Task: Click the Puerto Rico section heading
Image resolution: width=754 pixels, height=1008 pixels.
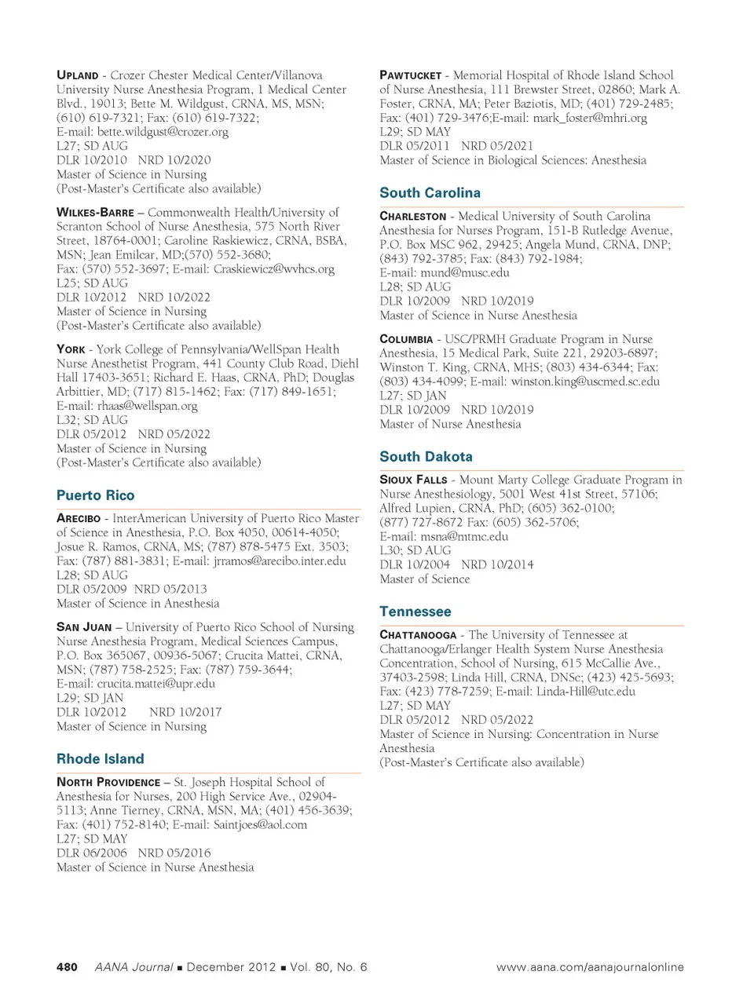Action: pos(95,495)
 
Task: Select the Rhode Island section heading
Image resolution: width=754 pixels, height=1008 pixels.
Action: pos(100,759)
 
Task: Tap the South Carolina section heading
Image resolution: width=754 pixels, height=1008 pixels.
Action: pos(430,193)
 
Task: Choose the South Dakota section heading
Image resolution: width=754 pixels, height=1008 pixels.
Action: pos(426,457)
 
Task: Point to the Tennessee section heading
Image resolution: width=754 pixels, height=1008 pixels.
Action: pos(415,612)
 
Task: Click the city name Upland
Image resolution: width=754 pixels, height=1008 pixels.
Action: pos(77,75)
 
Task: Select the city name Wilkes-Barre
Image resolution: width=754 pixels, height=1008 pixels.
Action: pos(95,213)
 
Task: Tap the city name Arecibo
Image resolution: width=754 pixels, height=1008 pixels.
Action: pos(79,519)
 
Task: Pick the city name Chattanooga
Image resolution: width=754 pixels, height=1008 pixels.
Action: pos(418,635)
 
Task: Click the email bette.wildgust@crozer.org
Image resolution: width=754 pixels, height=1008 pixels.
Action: pos(163,132)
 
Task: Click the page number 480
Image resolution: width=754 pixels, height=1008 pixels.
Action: pos(67,967)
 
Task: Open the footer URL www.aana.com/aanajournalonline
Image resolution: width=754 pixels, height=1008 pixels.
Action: pos(590,967)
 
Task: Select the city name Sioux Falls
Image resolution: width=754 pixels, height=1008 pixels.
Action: pos(413,480)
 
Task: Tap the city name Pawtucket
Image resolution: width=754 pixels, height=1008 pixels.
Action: pos(410,75)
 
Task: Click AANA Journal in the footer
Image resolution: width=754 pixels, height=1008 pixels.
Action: pos(134,967)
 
